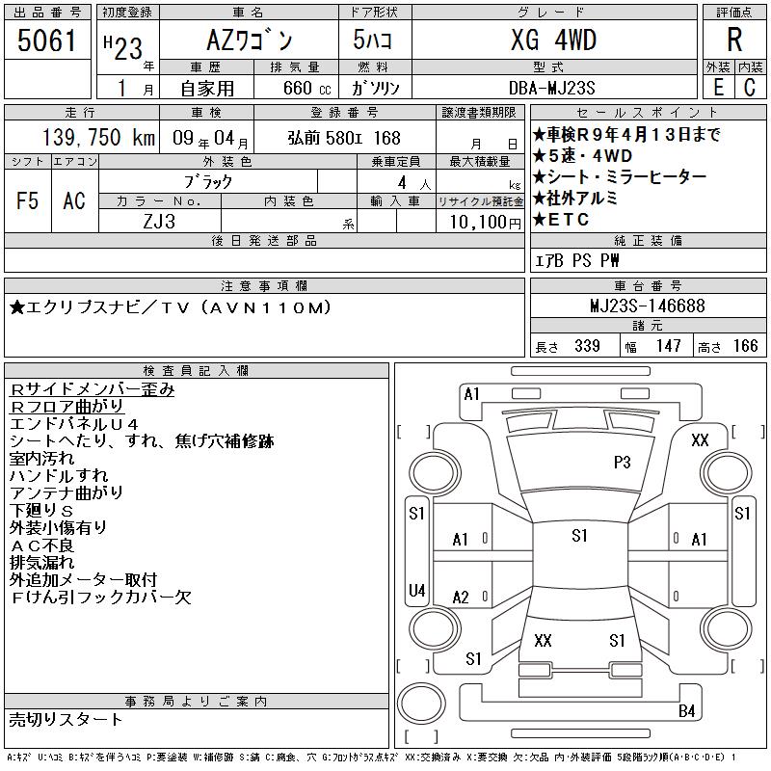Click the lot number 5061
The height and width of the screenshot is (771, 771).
click(46, 40)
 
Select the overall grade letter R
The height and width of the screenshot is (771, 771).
click(734, 40)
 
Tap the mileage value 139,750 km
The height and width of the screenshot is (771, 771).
click(99, 137)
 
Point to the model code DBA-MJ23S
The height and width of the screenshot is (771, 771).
click(551, 88)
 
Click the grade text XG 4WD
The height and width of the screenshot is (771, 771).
click(553, 40)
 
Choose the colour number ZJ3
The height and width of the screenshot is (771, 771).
click(159, 222)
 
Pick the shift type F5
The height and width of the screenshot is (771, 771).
click(27, 200)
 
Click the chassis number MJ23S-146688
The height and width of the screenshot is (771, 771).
click(648, 306)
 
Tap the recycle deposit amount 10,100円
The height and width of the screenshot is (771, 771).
click(486, 222)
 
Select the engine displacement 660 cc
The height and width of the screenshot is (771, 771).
click(306, 88)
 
